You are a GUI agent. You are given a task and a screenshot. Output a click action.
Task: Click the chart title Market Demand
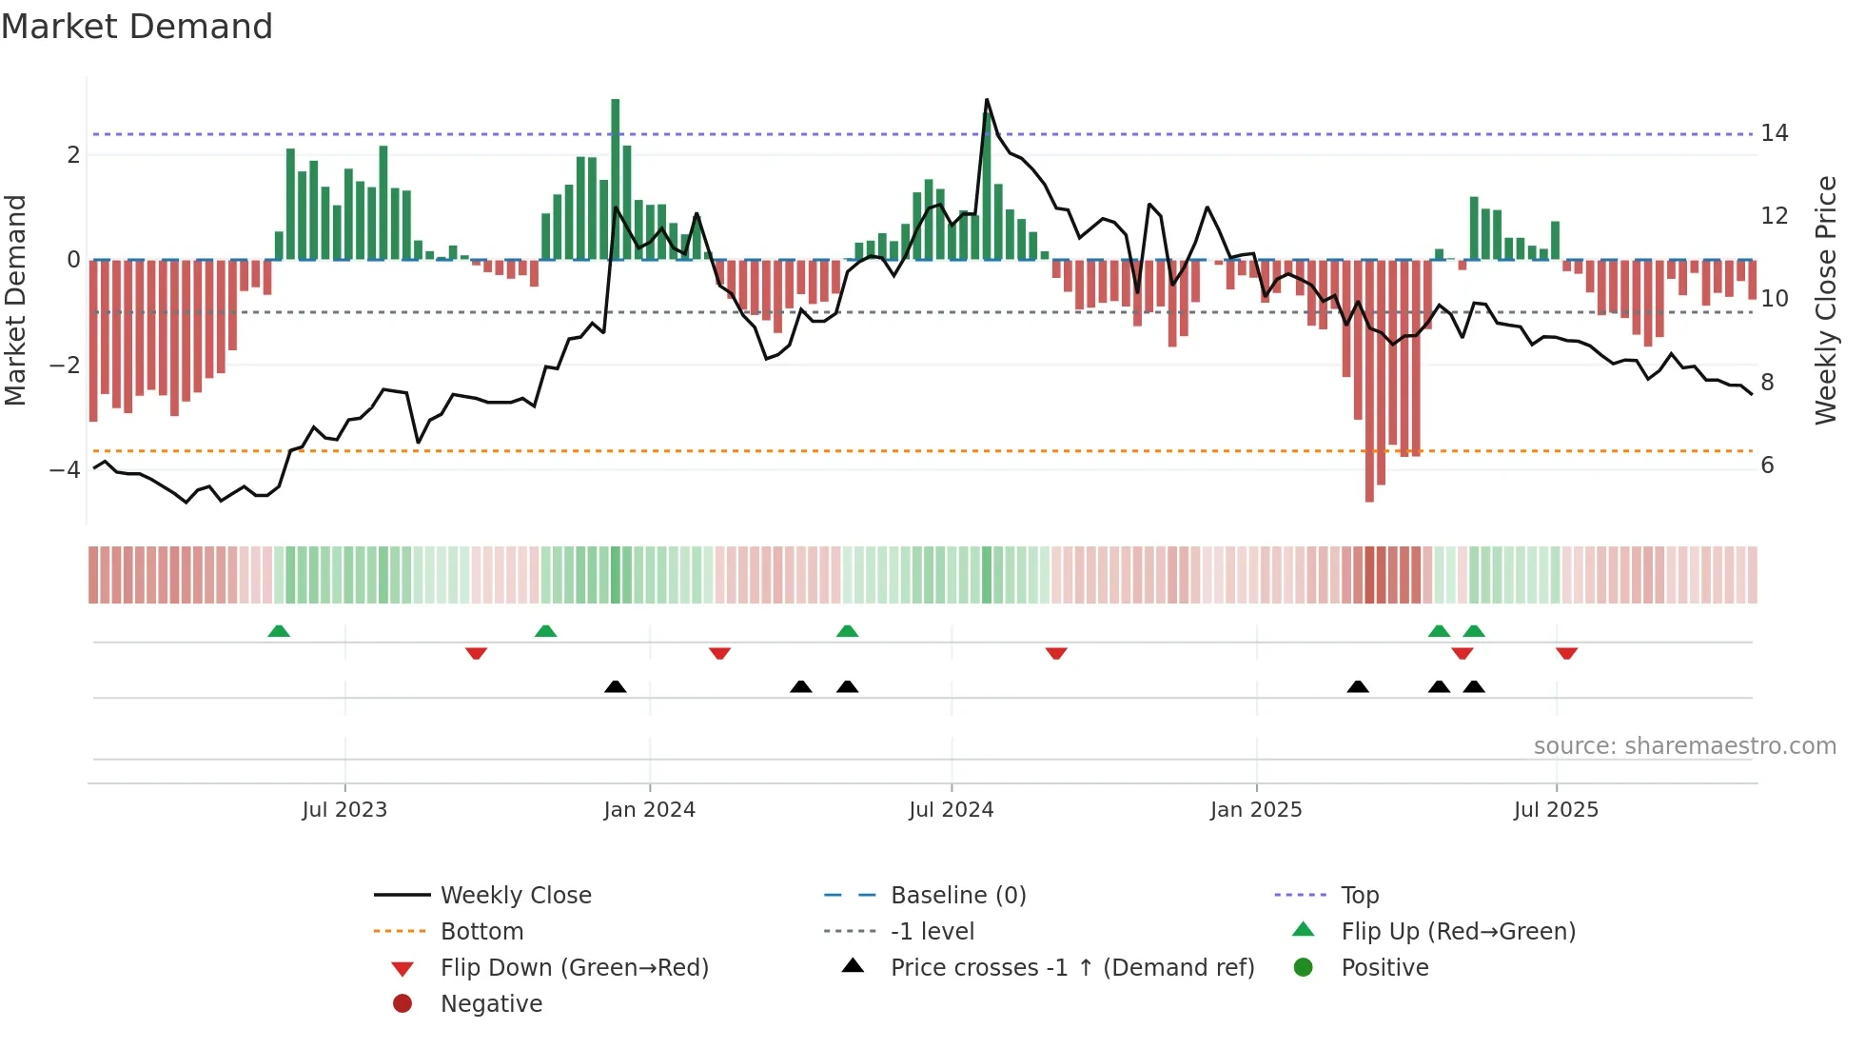[x=137, y=27]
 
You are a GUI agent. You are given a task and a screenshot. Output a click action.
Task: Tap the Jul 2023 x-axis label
[x=344, y=810]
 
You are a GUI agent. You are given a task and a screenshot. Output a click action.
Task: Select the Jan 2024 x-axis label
[x=649, y=810]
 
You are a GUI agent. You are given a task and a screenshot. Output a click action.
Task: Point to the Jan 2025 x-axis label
[x=1255, y=810]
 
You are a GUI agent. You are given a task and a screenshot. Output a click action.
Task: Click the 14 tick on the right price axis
[x=1774, y=133]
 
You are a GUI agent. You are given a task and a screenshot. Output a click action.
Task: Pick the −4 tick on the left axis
[x=65, y=470]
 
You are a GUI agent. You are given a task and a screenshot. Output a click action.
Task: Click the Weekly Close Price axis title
[x=1825, y=300]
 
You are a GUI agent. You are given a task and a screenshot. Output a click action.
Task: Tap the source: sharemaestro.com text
[x=1684, y=746]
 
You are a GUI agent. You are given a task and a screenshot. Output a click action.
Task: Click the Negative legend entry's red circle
[x=402, y=1004]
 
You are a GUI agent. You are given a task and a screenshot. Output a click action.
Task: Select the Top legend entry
[x=1359, y=896]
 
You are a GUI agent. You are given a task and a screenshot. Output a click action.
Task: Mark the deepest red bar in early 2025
[x=1369, y=381]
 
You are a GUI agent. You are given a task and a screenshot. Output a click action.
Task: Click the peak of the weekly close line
[x=987, y=100]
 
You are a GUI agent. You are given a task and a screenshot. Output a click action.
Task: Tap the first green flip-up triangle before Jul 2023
[x=279, y=631]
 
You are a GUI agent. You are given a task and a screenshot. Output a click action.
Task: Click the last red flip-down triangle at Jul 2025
[x=1567, y=653]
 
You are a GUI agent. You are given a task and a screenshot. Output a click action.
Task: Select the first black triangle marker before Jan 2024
[x=616, y=686]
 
